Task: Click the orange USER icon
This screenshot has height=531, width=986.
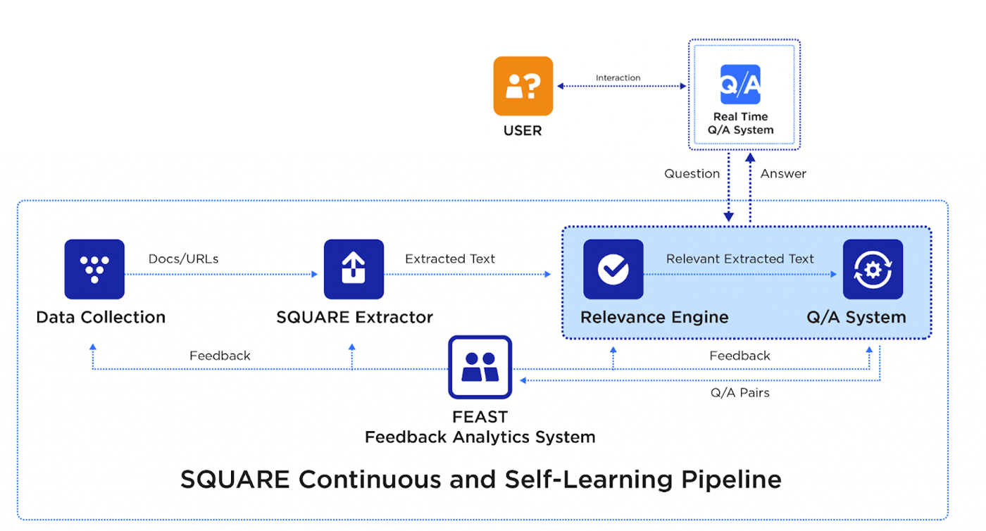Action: (523, 86)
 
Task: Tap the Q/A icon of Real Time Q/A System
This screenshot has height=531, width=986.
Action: (740, 85)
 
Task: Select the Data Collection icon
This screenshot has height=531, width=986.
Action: (94, 270)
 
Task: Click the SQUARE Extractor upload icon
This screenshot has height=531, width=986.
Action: (354, 270)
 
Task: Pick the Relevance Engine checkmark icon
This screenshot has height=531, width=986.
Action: (613, 270)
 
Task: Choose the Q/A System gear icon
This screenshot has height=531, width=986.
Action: (873, 270)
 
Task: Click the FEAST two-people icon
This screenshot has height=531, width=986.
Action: (480, 367)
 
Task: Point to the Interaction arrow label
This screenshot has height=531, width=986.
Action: (618, 77)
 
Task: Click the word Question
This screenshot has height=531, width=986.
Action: (692, 173)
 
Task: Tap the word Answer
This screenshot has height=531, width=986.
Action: (783, 173)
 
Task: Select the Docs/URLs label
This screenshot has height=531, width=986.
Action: (183, 258)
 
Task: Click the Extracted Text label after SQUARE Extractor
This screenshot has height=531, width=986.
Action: (449, 258)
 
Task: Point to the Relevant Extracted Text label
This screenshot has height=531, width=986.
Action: (739, 258)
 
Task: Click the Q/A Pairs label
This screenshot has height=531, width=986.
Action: (739, 392)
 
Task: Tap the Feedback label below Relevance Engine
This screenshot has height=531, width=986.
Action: (739, 356)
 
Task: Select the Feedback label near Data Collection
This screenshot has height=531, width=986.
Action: (220, 356)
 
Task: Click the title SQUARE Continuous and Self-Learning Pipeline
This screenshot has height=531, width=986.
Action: (480, 480)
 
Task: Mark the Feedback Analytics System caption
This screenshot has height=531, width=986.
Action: (480, 437)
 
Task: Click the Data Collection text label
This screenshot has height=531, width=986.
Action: (101, 317)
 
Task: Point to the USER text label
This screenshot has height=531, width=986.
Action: (523, 130)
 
